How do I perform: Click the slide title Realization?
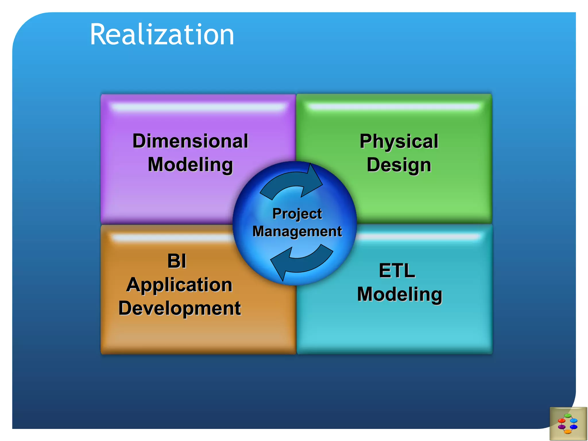coord(162,35)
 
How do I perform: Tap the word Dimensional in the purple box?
coord(190,141)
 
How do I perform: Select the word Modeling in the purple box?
coord(190,165)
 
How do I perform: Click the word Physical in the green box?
coord(399,141)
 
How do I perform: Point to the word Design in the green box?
coord(399,165)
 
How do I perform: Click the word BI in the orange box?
coord(177,261)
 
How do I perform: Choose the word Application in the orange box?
coord(179,285)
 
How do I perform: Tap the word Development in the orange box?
coord(180,308)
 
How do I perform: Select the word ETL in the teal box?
coord(397,271)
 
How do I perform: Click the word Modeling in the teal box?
coord(400,294)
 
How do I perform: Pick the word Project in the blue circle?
coord(297,214)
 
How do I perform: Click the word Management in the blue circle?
coord(297,231)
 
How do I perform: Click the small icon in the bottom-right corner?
coord(568,423)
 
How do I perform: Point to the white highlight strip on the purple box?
coord(198,107)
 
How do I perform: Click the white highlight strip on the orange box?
coord(172,237)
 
